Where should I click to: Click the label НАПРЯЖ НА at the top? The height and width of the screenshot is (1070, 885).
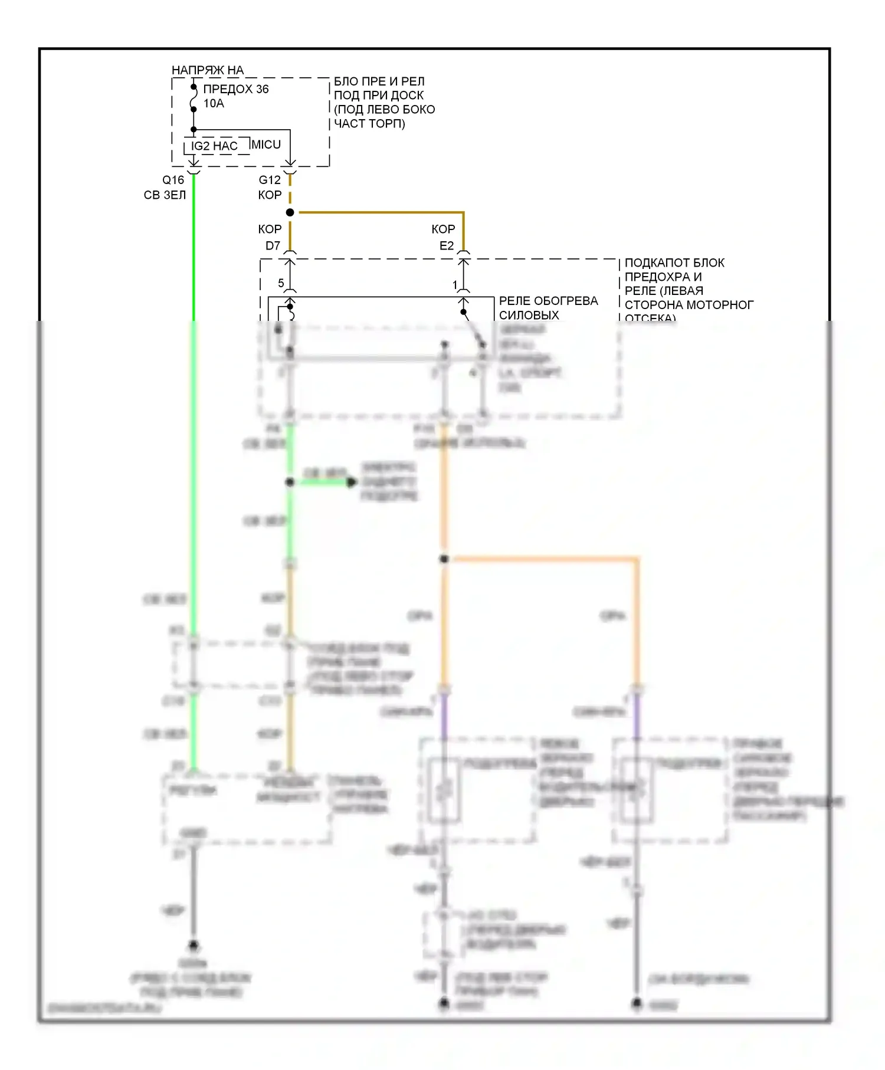tap(207, 70)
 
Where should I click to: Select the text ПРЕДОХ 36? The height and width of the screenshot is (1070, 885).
tap(235, 89)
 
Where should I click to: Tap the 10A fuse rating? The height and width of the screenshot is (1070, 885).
tap(214, 104)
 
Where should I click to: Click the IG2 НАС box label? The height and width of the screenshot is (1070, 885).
tap(214, 146)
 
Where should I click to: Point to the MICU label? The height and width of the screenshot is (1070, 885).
tap(265, 145)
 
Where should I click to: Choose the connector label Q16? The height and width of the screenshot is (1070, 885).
tap(173, 180)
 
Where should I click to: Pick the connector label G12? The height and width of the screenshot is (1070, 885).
tap(270, 180)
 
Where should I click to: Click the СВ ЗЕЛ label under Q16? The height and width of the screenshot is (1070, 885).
tap(165, 195)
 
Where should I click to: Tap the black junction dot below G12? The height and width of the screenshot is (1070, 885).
tap(290, 212)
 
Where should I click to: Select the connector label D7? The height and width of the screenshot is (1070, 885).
tap(273, 246)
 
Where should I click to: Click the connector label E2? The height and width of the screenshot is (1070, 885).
tap(447, 246)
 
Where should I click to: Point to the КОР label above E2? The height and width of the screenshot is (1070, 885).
tap(443, 229)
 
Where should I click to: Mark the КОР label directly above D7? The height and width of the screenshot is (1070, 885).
tap(270, 229)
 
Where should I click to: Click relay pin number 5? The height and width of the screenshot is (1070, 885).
tap(281, 283)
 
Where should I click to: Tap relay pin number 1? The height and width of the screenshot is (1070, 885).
tap(455, 285)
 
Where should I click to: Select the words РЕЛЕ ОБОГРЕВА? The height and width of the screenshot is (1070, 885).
tap(548, 301)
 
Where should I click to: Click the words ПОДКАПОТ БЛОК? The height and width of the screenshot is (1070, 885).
tap(674, 262)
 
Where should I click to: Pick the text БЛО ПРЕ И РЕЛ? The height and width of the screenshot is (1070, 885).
tap(379, 81)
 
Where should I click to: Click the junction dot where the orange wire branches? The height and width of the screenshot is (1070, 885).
tap(444, 559)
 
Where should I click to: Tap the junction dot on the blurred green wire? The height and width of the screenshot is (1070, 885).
tap(290, 482)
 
